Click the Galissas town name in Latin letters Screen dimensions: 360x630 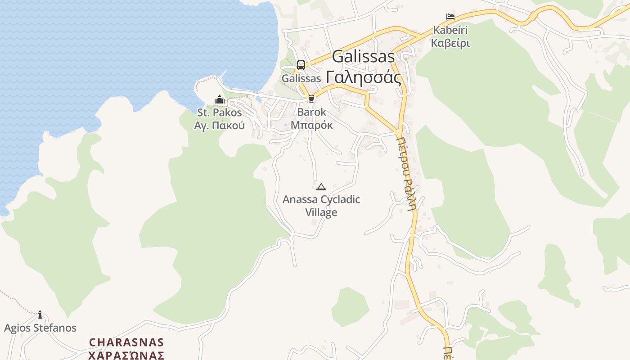363,57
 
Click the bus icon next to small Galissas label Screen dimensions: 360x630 301,65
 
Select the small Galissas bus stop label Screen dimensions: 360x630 301,78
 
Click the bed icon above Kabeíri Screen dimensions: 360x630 450,17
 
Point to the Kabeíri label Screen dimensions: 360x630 450,30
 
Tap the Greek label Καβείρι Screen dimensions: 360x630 450,43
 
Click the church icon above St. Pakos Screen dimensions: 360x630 220,99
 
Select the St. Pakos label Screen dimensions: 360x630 220,112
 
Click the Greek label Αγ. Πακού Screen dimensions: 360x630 220,125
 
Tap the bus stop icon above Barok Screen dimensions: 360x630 311,99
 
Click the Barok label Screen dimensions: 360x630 311,112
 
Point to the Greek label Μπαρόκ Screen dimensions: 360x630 311,125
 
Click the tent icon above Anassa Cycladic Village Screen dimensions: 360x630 321,187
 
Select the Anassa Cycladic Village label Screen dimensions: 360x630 321,206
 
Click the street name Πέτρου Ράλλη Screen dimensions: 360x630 406,173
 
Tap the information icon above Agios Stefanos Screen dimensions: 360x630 40,315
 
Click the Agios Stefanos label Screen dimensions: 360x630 40,328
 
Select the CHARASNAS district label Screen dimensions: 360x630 126,342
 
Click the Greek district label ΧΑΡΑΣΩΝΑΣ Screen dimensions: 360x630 126,355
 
